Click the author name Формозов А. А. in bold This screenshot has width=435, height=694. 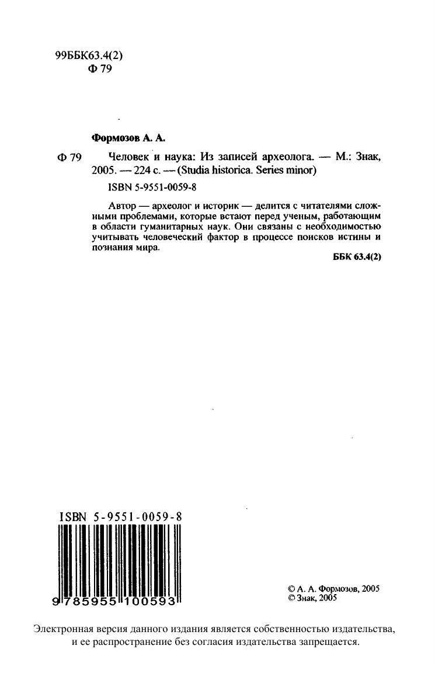click(129, 138)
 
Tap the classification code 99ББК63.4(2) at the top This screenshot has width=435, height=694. click(88, 55)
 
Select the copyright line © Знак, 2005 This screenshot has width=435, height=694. click(313, 598)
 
